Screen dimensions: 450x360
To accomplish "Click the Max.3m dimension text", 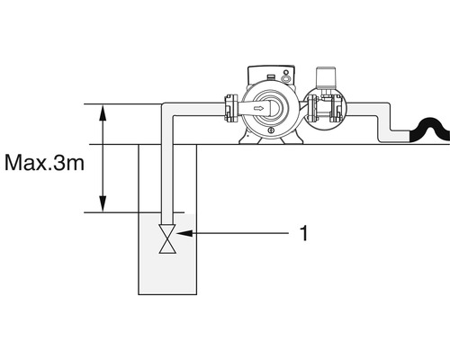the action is click(x=44, y=163).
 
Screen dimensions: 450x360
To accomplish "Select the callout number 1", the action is click(x=304, y=233).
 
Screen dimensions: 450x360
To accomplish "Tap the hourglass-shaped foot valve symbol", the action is click(x=167, y=238).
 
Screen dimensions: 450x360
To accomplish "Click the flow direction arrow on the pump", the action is click(x=259, y=108).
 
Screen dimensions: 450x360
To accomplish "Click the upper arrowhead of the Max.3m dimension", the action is click(x=103, y=112).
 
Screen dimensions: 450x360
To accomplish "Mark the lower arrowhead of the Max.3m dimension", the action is click(x=103, y=204).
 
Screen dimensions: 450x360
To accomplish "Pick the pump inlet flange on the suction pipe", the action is click(x=231, y=109).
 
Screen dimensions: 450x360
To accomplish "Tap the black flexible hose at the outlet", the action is click(x=430, y=130).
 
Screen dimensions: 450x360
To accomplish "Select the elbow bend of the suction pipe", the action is click(x=168, y=110).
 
